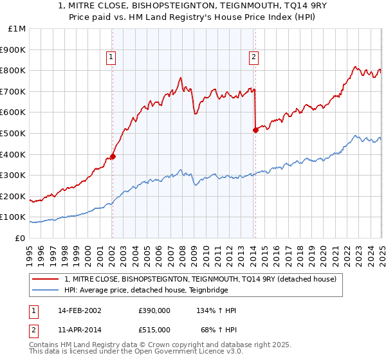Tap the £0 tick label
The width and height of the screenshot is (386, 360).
pos(21,238)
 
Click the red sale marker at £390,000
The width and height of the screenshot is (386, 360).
pos(113,156)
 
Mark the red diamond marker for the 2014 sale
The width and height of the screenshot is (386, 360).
pos(255,130)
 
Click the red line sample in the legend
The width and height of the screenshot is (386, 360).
pos(46,279)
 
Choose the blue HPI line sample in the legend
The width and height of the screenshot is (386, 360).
pos(46,290)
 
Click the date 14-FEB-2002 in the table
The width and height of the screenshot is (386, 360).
pos(79,310)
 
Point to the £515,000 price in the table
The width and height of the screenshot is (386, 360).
pos(154,330)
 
